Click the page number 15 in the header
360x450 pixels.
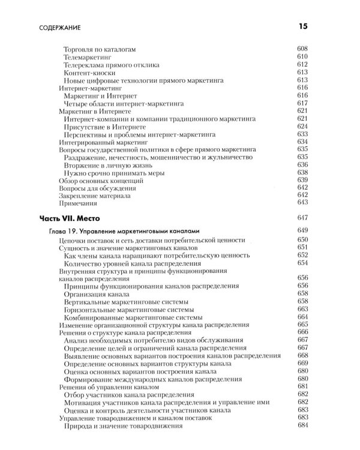coord(302,26)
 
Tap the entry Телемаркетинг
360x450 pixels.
coord(88,56)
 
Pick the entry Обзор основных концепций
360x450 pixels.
coord(101,181)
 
